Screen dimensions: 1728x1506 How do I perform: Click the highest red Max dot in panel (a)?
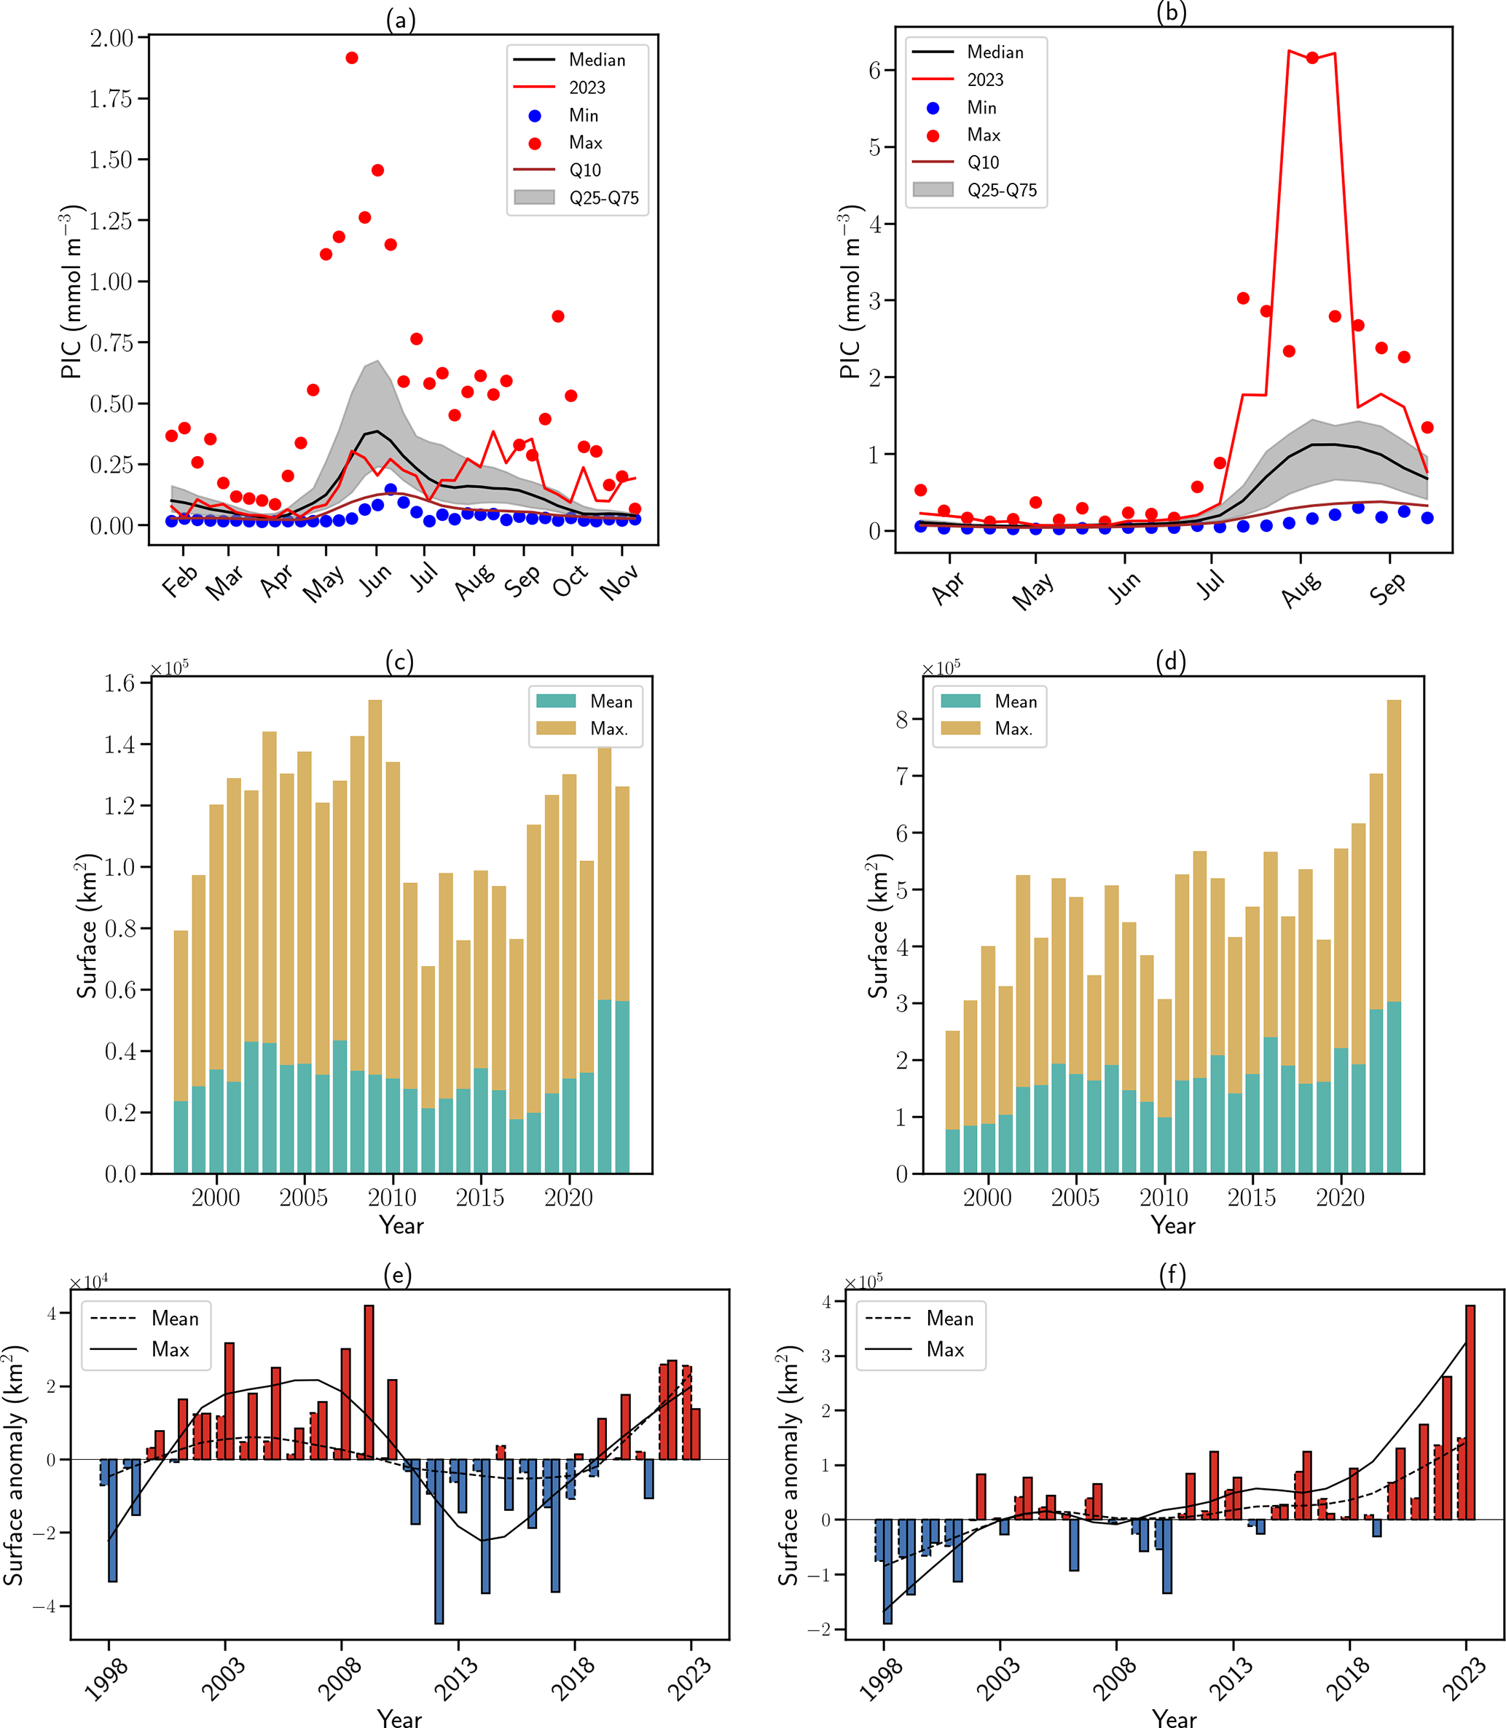click(x=351, y=58)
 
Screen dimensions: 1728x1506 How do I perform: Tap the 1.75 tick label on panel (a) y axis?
click(x=111, y=99)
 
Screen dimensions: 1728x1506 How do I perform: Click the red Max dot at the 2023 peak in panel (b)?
click(x=1312, y=58)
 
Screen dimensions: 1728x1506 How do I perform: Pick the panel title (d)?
click(x=1171, y=661)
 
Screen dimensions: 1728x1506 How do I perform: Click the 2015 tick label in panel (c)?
click(x=480, y=1197)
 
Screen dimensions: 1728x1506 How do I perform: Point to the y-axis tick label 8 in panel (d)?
click(x=902, y=720)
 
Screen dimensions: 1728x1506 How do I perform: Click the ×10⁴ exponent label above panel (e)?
click(x=88, y=1281)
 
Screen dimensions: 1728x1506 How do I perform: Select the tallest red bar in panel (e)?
click(x=369, y=1382)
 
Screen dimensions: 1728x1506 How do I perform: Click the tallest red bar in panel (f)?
click(x=1470, y=1412)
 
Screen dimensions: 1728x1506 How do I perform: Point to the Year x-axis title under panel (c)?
click(x=401, y=1225)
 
